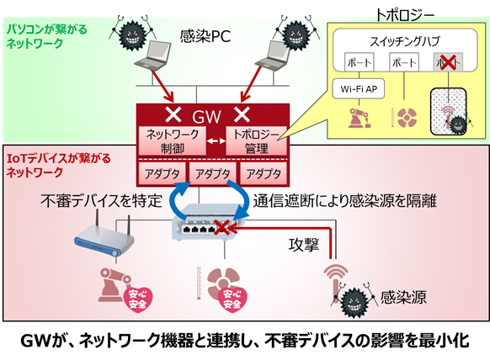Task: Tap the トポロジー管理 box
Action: tap(257, 140)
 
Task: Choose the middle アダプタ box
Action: tap(210, 172)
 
